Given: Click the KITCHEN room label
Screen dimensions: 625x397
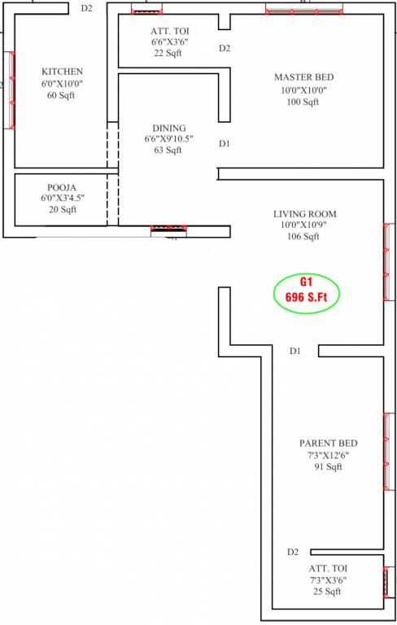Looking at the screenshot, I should click(x=62, y=72).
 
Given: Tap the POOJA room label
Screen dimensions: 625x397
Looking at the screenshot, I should click(x=62, y=186).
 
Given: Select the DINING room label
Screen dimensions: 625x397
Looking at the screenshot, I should click(x=168, y=128).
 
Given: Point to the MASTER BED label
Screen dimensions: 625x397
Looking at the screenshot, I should click(x=303, y=77).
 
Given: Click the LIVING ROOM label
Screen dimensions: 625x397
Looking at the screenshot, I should click(x=304, y=214).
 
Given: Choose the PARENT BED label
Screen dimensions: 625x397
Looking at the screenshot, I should click(x=328, y=444).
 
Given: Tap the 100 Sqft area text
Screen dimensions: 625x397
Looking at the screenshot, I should click(x=303, y=102).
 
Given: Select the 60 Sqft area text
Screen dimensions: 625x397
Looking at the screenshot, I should click(x=62, y=96).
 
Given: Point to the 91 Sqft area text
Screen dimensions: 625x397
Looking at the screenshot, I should click(x=328, y=467).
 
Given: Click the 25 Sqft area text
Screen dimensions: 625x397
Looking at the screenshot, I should click(x=328, y=592).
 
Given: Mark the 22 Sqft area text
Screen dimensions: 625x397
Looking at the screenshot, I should click(x=168, y=53).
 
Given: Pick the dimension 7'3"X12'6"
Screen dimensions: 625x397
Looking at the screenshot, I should click(x=328, y=456).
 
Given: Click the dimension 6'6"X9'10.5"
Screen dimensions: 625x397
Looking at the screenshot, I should click(x=168, y=139).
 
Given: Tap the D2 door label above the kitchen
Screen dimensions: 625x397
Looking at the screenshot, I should click(x=87, y=8).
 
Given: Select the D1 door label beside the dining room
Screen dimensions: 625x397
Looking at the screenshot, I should click(x=225, y=144).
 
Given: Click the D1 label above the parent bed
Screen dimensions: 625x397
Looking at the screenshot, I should click(x=295, y=352).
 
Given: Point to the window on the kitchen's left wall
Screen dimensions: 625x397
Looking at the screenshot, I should click(x=11, y=90).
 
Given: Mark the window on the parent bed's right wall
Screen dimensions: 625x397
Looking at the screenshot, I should click(x=386, y=452).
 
